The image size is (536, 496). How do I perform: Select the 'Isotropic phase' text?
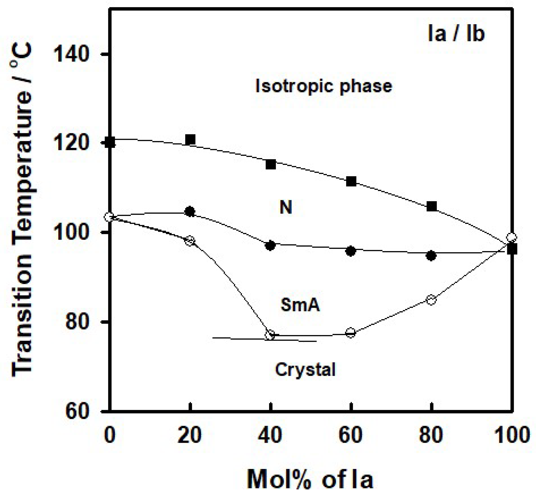(x=324, y=86)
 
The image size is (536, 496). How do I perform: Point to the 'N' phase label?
(x=286, y=207)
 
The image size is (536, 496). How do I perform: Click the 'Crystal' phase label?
(x=305, y=370)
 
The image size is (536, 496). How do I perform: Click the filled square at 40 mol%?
(x=271, y=164)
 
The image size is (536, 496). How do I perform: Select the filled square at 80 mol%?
(x=431, y=206)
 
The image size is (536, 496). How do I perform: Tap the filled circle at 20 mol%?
(x=190, y=212)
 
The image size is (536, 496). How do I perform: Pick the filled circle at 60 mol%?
(x=351, y=251)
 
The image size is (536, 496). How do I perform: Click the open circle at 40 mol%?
(x=270, y=335)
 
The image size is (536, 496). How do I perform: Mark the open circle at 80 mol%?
(x=431, y=300)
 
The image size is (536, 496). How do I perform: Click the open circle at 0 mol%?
(x=109, y=217)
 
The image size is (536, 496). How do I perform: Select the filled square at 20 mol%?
(x=190, y=140)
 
